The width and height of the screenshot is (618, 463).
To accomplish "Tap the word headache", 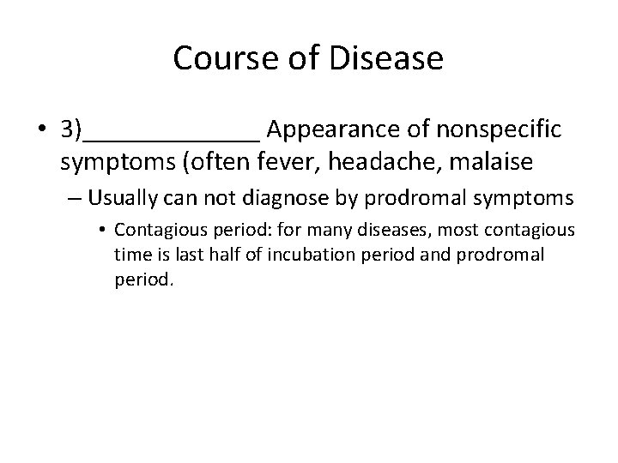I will pos(343,160).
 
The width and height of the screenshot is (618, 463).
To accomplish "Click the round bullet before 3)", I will pos(43,130).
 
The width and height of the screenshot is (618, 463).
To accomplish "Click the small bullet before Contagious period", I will pos(103,231).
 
